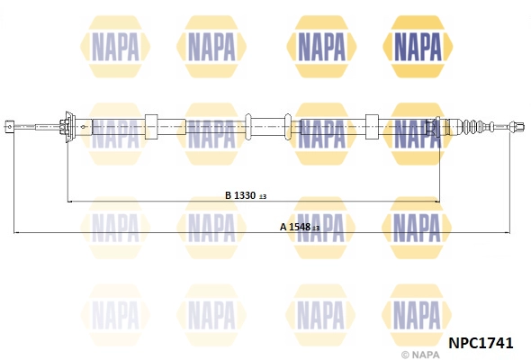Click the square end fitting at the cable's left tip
pos(9,127)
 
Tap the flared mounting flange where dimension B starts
pos(69,127)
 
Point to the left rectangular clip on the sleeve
pos(151,127)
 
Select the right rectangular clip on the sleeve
pos(372,127)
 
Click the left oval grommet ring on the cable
pos(248,127)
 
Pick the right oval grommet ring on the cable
pos(288,127)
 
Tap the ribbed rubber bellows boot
pos(479,127)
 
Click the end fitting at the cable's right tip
pos(517,127)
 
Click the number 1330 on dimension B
pos(245,195)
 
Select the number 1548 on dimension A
pos(300,227)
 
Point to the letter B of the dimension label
pos(229,195)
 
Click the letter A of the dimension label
pos(283,227)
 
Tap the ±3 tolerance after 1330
pos(263,196)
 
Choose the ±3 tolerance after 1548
pos(316,228)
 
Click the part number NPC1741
pos(481,343)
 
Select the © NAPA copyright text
pos(420,355)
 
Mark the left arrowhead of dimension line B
pos(70,202)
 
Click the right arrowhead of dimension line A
pos(508,233)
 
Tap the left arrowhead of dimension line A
pos(16,233)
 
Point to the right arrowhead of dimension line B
pos(436,202)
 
